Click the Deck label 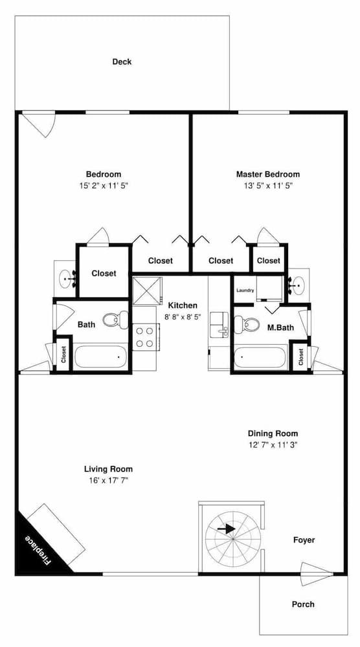pyautogui.click(x=122, y=62)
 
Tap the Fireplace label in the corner pyautogui.click(x=38, y=549)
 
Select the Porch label pyautogui.click(x=303, y=604)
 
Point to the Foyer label pyautogui.click(x=304, y=540)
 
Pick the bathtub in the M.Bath pyautogui.click(x=260, y=357)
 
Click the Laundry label pyautogui.click(x=245, y=291)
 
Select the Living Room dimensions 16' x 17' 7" pyautogui.click(x=109, y=480)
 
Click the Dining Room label pyautogui.click(x=273, y=433)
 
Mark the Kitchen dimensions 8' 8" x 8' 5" pyautogui.click(x=183, y=317)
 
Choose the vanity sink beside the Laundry pyautogui.click(x=298, y=284)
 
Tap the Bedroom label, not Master pyautogui.click(x=104, y=174)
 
